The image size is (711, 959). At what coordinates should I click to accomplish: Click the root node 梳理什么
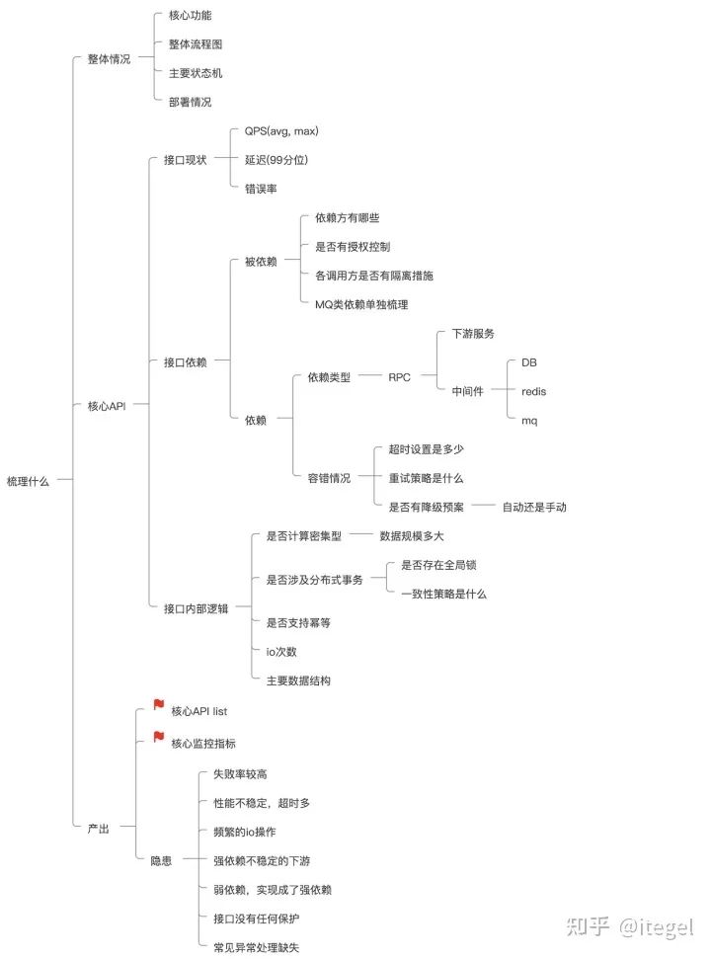(28, 481)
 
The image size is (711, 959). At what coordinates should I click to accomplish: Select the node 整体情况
(109, 58)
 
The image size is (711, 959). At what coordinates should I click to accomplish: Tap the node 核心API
(107, 406)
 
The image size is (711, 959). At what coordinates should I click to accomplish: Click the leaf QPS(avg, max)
(281, 131)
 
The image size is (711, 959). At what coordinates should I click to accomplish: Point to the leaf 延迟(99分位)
(276, 160)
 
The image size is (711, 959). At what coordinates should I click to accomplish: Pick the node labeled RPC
(399, 377)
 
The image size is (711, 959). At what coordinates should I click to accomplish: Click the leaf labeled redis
(533, 391)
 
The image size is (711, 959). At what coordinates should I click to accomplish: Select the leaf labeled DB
(529, 362)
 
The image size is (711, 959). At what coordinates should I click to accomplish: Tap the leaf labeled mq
(529, 421)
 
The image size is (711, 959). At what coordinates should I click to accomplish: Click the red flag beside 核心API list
(158, 704)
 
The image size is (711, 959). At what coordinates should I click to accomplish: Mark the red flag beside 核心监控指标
(158, 737)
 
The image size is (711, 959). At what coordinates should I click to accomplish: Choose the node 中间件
(467, 391)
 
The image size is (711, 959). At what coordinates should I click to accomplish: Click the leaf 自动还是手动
(534, 507)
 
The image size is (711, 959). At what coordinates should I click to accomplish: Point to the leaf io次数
(281, 652)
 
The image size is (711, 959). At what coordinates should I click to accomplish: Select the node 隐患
(161, 860)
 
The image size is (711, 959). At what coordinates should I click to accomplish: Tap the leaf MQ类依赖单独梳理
(361, 304)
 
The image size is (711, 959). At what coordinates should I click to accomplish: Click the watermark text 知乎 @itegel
(630, 926)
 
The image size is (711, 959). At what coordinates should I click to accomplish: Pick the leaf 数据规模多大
(412, 535)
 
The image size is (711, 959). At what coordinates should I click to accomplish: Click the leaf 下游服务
(473, 333)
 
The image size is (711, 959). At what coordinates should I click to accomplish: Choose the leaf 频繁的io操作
(245, 832)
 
